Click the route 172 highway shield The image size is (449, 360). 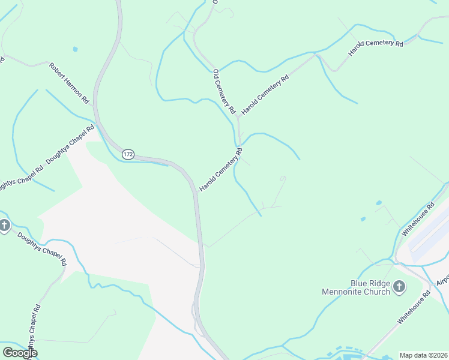[x=128, y=154]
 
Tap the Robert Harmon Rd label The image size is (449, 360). [x=69, y=82]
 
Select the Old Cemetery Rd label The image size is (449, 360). [x=223, y=92]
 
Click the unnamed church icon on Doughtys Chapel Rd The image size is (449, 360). [x=5, y=226]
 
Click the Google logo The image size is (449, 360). [x=20, y=353]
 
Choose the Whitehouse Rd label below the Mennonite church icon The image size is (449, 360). [x=414, y=308]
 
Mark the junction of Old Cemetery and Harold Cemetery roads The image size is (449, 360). [x=238, y=118]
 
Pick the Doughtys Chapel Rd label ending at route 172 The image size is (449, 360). [x=70, y=146]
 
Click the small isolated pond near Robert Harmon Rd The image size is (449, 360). [x=75, y=49]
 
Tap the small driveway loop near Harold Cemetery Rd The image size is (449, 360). [x=283, y=178]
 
